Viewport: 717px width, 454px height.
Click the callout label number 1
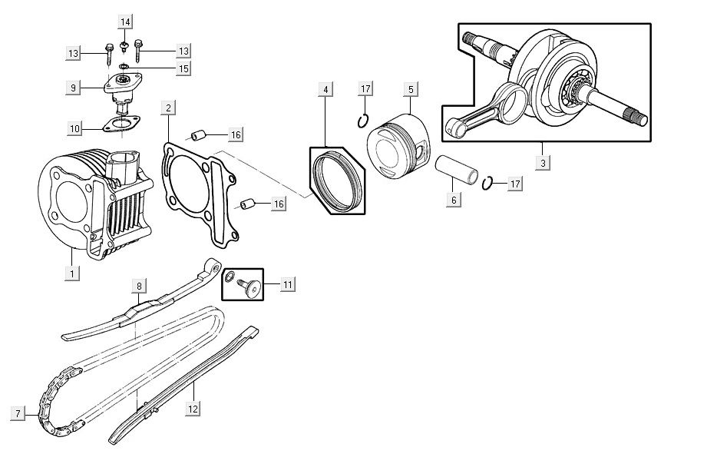tap(72, 273)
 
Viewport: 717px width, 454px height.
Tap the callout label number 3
tap(543, 164)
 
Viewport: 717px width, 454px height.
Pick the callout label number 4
tap(325, 90)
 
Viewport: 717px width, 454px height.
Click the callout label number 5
tap(410, 90)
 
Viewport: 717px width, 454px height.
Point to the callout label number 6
tap(453, 200)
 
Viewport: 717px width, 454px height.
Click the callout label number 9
tap(72, 88)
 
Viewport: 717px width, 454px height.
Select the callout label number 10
tap(74, 128)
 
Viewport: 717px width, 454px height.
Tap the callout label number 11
tap(287, 285)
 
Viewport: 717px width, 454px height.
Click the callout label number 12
tap(193, 409)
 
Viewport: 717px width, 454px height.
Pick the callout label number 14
tap(125, 19)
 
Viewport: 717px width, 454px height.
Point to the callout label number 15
tap(183, 69)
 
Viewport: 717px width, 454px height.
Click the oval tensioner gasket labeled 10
tap(120, 125)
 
